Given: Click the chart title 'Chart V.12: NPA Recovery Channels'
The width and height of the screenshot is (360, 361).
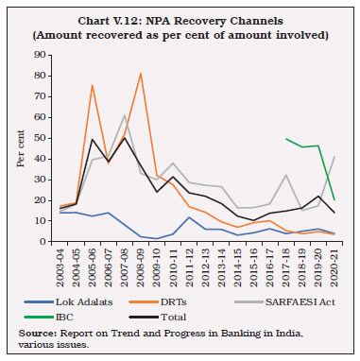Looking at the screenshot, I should (x=180, y=19).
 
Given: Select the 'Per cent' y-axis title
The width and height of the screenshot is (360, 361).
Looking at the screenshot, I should (x=21, y=148).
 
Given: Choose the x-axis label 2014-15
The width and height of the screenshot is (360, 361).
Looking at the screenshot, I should (x=231, y=264).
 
